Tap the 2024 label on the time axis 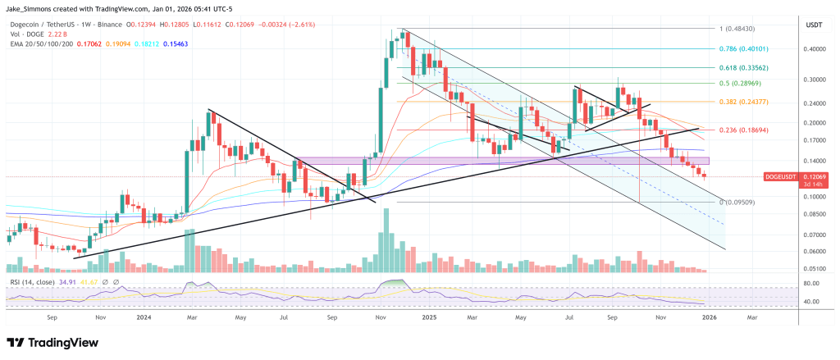pos(144,316)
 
